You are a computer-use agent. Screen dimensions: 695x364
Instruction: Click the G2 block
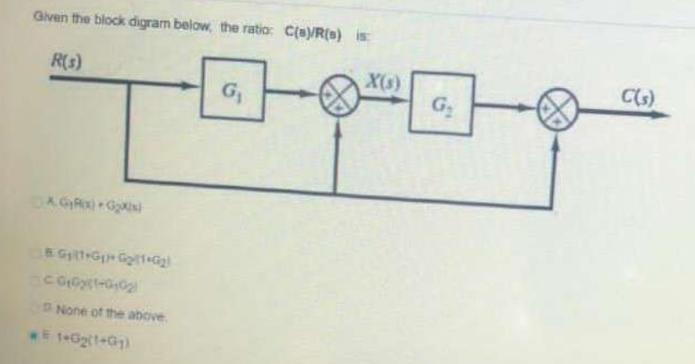[443, 105]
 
